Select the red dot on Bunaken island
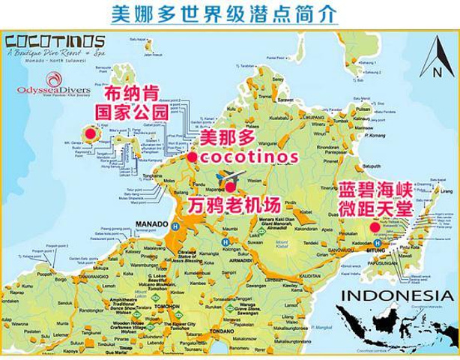88,134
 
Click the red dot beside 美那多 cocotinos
192,157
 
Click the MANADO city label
156,223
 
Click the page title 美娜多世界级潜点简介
229,13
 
